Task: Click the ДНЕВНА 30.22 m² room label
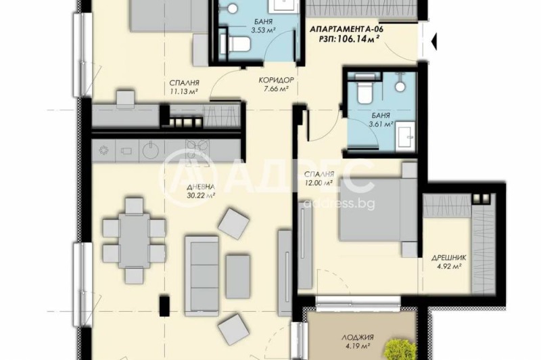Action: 201,191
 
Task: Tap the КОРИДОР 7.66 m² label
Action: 276,84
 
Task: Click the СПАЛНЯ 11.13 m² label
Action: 184,87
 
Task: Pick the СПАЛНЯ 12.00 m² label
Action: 319,178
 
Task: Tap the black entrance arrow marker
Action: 433,41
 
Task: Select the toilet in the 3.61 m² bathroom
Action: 364,90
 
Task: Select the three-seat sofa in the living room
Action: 202,276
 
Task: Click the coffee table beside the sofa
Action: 238,277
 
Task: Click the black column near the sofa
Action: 164,305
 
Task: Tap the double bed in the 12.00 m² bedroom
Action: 378,209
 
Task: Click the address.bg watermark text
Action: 339,204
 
